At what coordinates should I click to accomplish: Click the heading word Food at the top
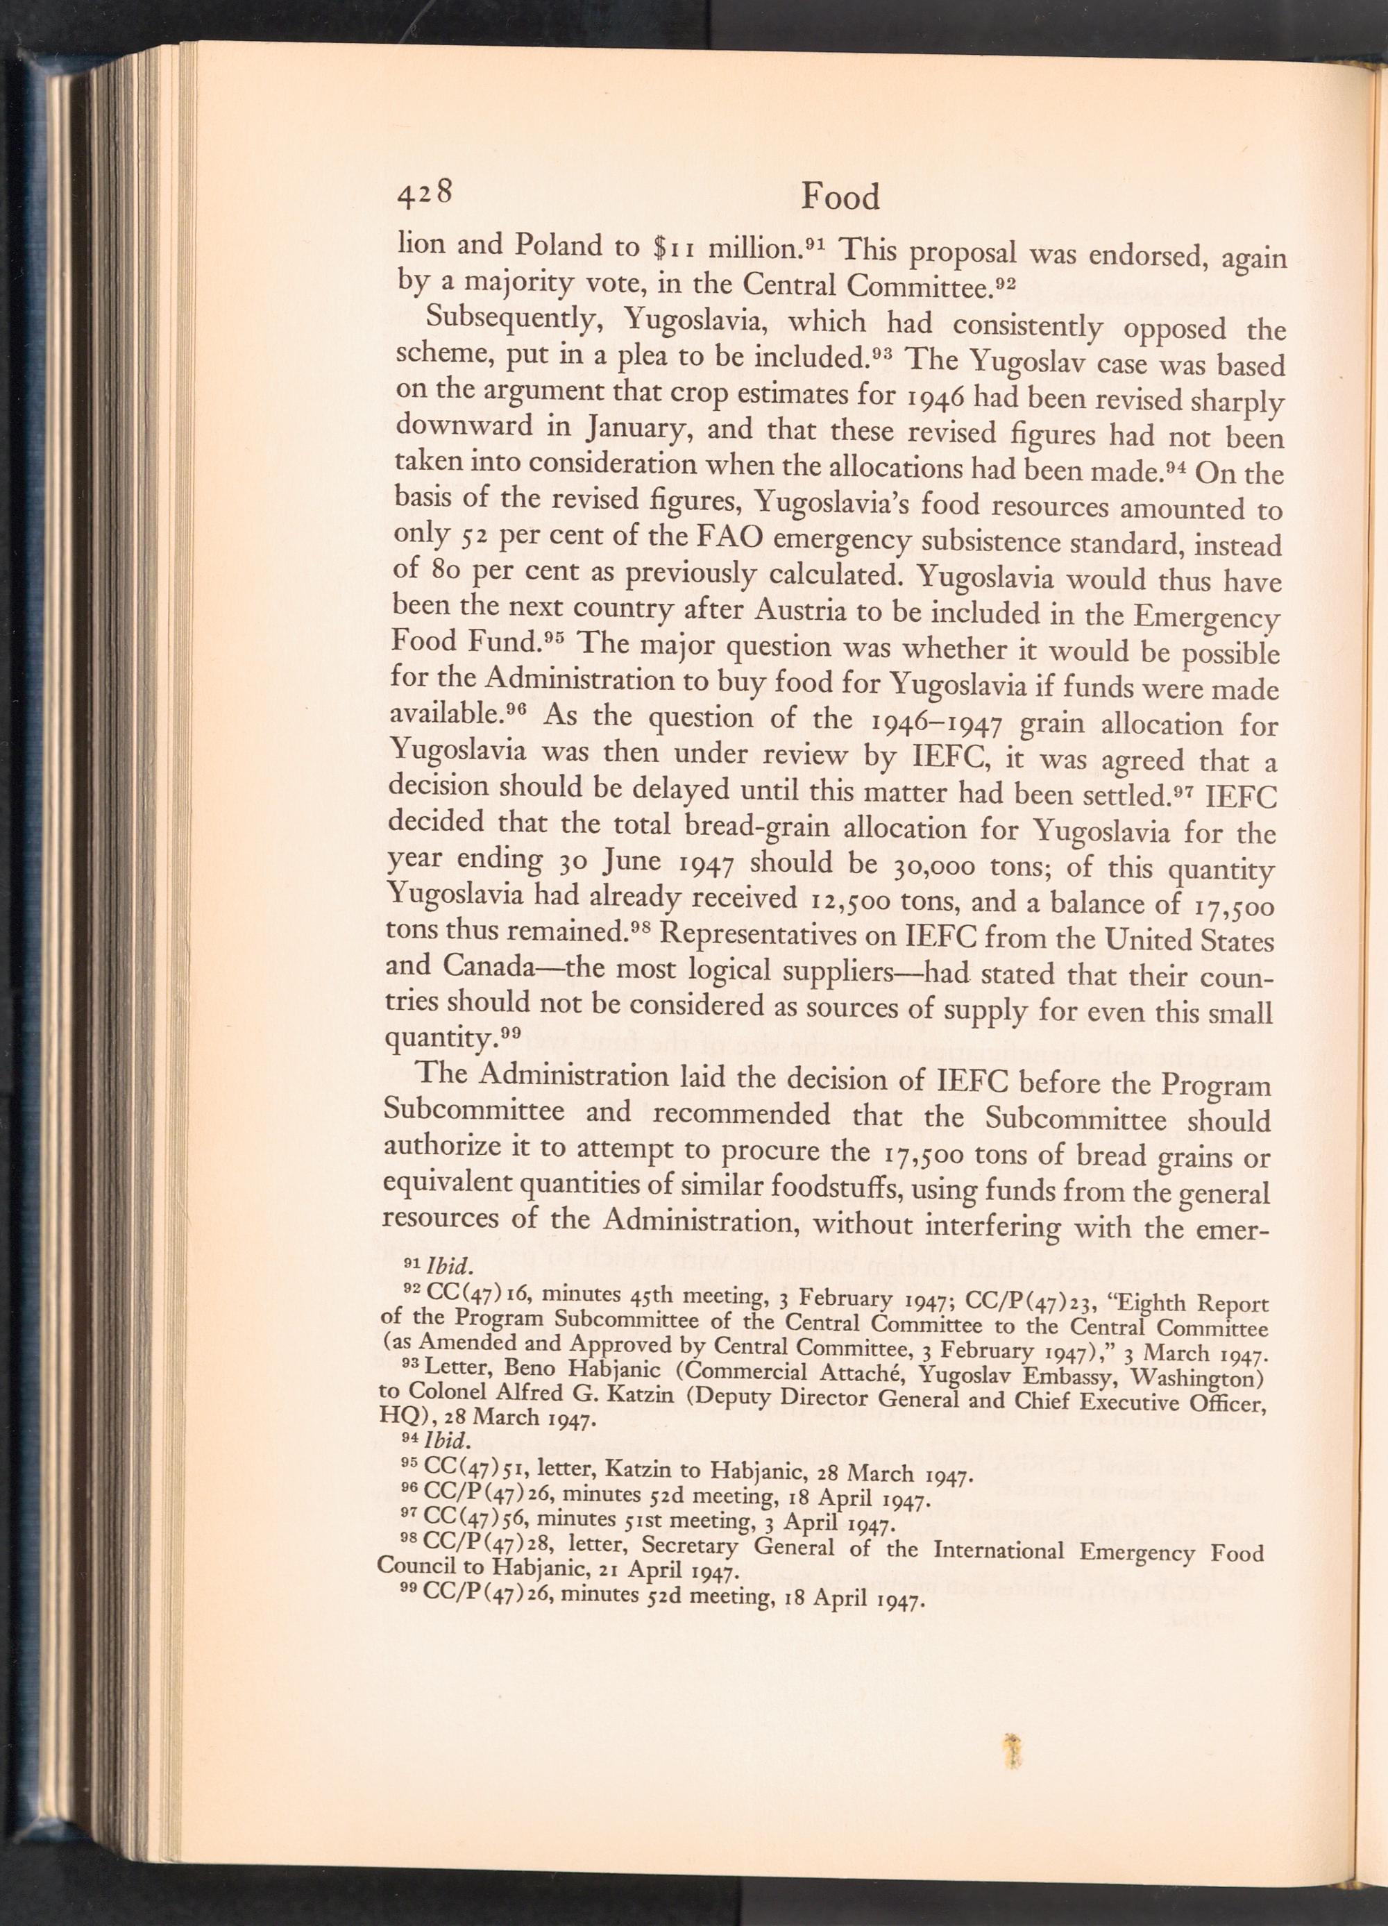click(840, 198)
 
